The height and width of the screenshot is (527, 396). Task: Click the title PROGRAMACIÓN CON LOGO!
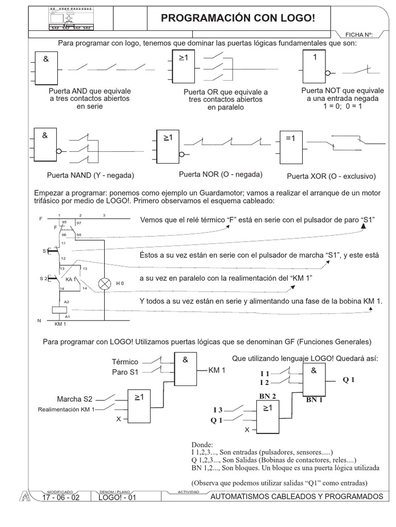[238, 19]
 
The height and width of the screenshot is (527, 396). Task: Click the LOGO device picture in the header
[72, 18]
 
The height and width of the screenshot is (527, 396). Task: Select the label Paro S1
[125, 372]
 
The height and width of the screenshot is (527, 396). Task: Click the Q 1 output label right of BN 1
[349, 380]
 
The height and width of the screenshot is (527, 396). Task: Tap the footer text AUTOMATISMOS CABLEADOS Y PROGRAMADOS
[297, 497]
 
